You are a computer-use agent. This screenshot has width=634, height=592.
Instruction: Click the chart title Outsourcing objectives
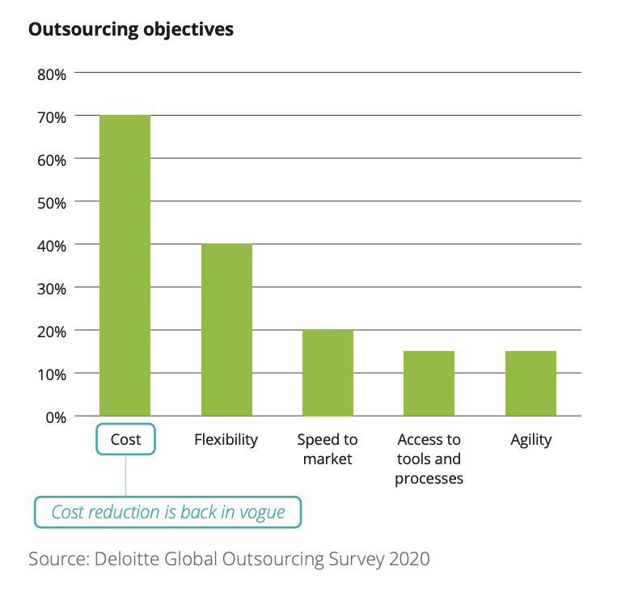131,30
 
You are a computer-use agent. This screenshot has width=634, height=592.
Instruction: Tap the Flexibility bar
226,329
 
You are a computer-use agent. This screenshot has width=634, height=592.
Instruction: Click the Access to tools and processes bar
429,383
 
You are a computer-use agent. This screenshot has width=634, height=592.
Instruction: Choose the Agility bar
530,383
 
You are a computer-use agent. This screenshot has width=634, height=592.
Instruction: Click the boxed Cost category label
125,440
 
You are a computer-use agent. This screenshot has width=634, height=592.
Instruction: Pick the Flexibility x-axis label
226,440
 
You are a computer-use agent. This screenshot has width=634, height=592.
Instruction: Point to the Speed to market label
328,450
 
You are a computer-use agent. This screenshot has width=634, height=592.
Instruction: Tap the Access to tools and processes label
429,459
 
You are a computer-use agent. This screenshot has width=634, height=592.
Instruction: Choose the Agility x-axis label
530,440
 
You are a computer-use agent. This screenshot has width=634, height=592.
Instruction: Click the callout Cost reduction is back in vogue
167,512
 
